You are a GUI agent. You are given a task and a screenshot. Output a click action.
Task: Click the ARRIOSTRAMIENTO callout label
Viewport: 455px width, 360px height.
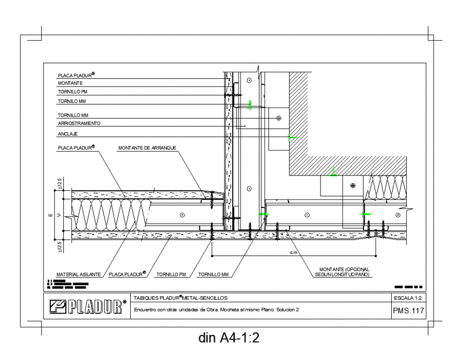point(78,124)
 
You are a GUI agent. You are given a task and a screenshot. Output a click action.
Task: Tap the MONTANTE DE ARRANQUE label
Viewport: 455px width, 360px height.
point(147,148)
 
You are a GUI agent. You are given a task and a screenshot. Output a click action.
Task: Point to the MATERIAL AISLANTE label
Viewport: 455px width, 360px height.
point(79,273)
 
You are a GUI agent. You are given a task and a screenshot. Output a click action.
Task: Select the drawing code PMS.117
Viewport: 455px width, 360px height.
point(407,311)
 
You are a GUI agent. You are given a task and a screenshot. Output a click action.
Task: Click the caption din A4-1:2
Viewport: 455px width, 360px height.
point(229,338)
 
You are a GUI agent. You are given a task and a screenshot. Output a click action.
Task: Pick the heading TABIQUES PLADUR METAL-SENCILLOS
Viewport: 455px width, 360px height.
point(180,298)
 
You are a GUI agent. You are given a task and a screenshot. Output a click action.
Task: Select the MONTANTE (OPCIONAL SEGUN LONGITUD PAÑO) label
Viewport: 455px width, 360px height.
point(343,272)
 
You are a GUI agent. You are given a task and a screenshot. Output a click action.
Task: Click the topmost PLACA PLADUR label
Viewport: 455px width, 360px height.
point(76,76)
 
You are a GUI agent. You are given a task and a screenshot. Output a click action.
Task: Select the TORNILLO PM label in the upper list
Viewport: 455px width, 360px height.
point(72,91)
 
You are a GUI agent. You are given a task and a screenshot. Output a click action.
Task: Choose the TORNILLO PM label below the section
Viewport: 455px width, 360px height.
point(172,273)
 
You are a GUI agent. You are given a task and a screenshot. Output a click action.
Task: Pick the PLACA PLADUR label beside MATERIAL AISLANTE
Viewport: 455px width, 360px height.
point(126,273)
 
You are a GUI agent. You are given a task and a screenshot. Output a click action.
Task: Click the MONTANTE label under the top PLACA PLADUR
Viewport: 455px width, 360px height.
point(70,83)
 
